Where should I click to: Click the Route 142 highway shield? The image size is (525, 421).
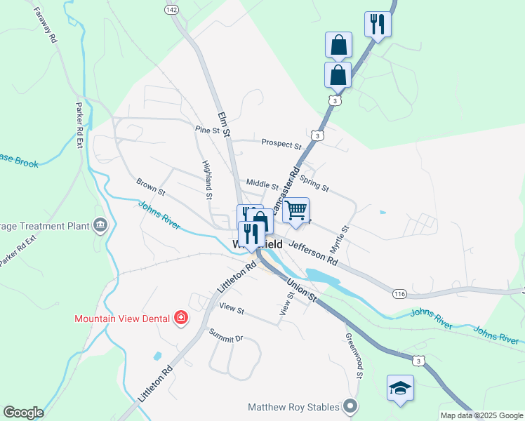(172, 9)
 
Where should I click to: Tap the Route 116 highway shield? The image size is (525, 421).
(399, 293)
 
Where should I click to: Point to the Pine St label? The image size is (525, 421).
(208, 130)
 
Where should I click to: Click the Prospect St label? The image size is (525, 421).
(281, 143)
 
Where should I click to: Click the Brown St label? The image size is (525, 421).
(151, 187)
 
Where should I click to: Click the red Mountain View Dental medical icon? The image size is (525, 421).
(181, 318)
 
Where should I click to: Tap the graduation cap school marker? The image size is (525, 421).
(400, 388)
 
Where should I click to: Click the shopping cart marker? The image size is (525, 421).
(296, 210)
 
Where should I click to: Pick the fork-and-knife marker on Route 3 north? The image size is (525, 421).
(378, 25)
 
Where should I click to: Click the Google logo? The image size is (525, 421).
(23, 413)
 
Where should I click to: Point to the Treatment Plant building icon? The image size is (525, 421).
(100, 225)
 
